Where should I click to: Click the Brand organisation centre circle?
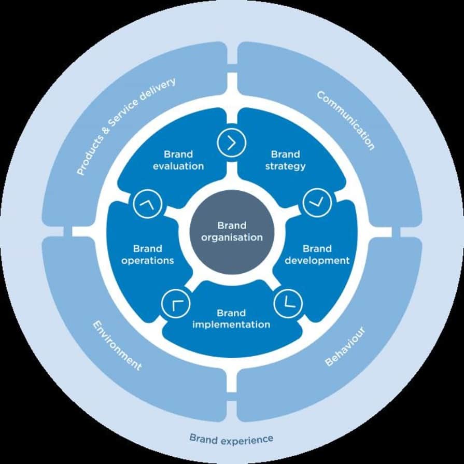click(232, 232)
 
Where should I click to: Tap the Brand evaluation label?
click(178, 160)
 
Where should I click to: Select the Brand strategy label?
click(285, 160)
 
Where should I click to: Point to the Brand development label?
click(317, 255)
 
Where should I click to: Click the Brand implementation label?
click(231, 319)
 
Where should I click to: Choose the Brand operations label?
click(147, 255)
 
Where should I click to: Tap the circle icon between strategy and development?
click(317, 203)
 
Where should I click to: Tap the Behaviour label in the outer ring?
click(345, 346)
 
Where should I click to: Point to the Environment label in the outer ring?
click(117, 345)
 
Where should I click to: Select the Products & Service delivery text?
click(126, 126)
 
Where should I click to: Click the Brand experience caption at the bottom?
click(231, 439)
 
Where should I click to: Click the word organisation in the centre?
click(232, 237)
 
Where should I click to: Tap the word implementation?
click(231, 325)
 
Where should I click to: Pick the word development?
click(317, 260)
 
